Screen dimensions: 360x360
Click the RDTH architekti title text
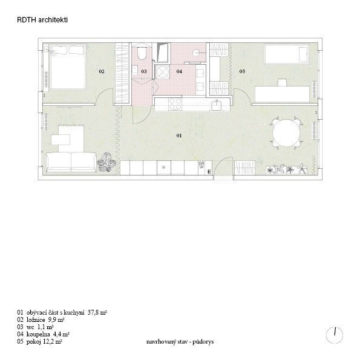click(42, 20)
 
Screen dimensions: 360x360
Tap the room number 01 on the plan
click(179, 136)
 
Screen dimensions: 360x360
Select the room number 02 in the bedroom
click(102, 71)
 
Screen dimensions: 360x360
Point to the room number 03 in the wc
click(144, 71)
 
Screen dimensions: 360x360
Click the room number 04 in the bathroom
click(179, 71)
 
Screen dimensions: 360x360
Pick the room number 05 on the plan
click(242, 71)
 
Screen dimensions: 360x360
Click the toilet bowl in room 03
click(142, 53)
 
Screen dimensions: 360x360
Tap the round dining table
click(286, 133)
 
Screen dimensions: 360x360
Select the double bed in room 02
click(68, 67)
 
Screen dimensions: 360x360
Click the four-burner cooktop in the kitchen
click(175, 104)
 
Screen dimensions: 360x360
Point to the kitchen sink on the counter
click(216, 105)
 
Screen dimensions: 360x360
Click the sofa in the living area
click(71, 162)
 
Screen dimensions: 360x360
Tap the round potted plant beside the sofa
click(106, 163)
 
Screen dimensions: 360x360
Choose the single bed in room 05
click(287, 54)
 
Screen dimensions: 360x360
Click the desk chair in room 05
click(282, 82)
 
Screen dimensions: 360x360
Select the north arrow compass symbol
click(335, 335)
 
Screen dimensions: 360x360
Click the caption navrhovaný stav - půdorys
click(180, 342)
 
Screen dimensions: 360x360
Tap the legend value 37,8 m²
click(97, 312)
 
